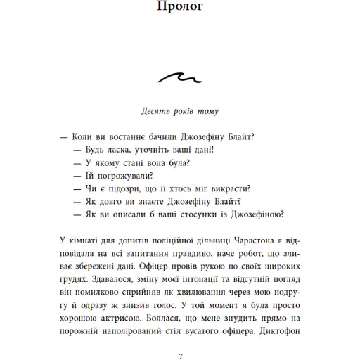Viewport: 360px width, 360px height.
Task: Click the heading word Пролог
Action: tap(179, 9)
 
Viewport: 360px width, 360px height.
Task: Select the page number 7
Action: tap(180, 355)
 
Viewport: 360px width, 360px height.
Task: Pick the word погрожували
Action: tap(121, 176)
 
